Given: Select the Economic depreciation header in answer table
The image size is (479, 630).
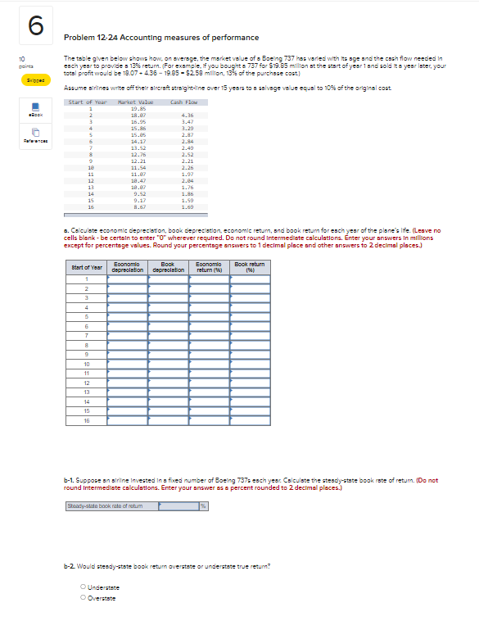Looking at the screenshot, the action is pyautogui.click(x=127, y=266).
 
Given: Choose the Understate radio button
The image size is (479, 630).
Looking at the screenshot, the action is pyautogui.click(x=83, y=587).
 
